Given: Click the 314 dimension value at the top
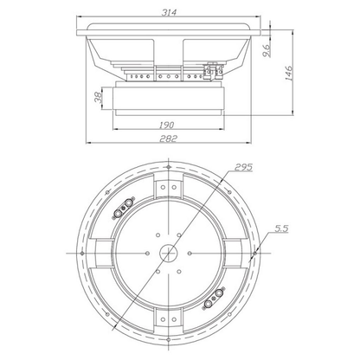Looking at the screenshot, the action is pos(169,12).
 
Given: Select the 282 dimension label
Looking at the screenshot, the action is pos(168,138).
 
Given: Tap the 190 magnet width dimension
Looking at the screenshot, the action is pos(167,125).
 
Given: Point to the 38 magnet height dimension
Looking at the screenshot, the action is pos(99,97).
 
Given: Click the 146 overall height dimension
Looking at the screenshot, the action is pos(289,74).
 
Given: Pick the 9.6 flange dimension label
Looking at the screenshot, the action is pos(267,50).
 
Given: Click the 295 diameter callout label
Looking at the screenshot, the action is pos(244,167).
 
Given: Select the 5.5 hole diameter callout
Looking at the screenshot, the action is pos(281,228).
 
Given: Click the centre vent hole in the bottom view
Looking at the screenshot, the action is pos(168,253).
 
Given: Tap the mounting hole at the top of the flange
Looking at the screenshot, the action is pos(169,167).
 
